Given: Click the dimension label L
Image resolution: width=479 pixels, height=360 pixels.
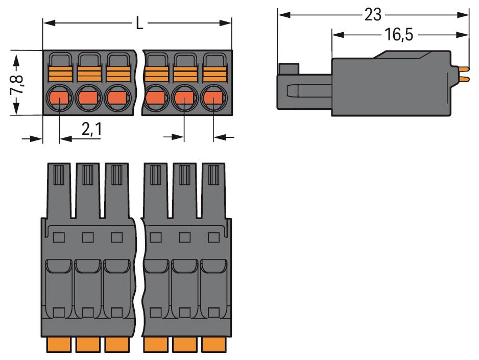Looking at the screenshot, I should point(139,23).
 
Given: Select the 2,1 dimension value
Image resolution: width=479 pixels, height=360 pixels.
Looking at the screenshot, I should point(92,130).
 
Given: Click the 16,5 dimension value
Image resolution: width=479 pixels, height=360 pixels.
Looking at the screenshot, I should point(398,35).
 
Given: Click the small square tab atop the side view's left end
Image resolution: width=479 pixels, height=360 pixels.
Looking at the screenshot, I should point(289,69).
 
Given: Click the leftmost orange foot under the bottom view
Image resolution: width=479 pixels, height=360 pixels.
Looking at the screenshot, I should point(59,345).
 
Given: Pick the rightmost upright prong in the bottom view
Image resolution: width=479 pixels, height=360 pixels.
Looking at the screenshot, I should point(213,184).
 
